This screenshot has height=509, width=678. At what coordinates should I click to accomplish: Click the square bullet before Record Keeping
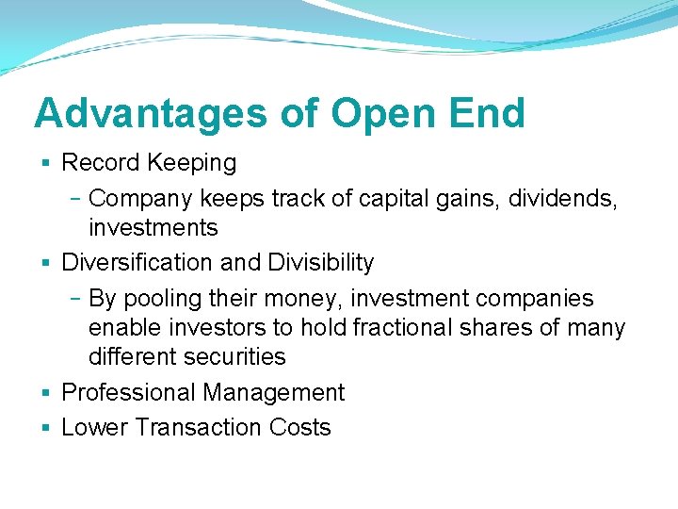[47, 163]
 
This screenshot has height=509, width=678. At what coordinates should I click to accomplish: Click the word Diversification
[137, 262]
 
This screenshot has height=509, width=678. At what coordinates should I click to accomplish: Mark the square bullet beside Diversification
[47, 263]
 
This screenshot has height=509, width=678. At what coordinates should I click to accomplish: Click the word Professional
[127, 392]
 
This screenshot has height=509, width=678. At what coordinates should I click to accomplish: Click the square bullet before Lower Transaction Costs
[47, 428]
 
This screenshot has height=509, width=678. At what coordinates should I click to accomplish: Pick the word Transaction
[199, 427]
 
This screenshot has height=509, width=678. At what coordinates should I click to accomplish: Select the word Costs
[300, 427]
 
